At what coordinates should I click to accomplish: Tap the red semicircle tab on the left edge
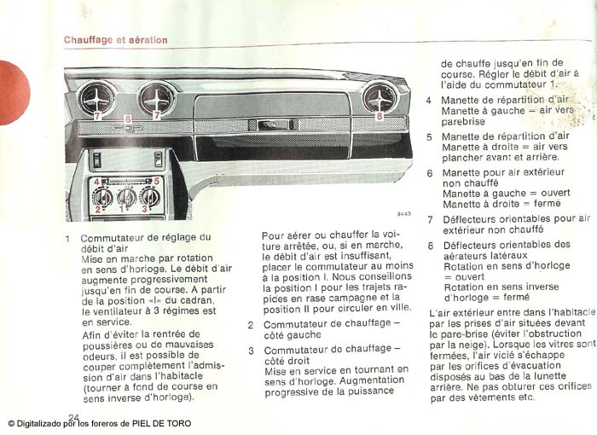(x=12, y=92)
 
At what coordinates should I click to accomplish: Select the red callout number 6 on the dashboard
(x=127, y=119)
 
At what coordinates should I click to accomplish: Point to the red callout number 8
(x=380, y=113)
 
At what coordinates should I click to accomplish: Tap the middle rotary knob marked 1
(x=126, y=197)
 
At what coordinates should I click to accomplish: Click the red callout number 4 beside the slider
(x=96, y=182)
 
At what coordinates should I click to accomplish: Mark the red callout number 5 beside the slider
(x=156, y=182)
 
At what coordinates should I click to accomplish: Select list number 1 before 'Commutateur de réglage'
(x=67, y=239)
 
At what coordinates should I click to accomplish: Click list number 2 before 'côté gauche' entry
(x=251, y=325)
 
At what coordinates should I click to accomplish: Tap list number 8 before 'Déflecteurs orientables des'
(x=430, y=246)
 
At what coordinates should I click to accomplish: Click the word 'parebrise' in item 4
(x=464, y=122)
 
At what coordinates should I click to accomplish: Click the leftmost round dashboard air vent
(x=96, y=98)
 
